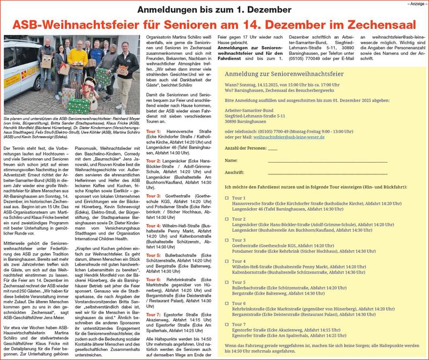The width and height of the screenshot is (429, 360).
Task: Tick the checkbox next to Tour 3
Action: click(227, 240)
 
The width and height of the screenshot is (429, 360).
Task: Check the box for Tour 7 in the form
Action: click(227, 325)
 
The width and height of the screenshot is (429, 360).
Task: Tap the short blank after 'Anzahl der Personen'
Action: click(272, 148)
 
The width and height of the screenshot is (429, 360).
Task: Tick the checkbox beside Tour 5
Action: click(227, 282)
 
